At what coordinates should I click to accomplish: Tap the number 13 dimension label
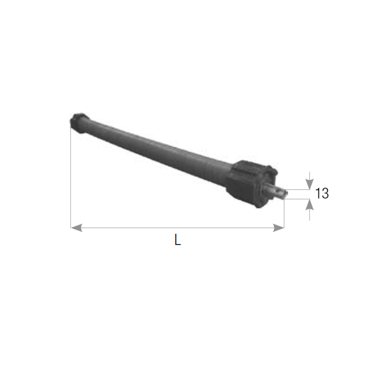(x=322, y=193)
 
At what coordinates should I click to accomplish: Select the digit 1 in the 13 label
(x=318, y=193)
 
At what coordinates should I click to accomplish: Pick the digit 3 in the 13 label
(x=325, y=193)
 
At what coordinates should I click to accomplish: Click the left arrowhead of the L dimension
(x=76, y=228)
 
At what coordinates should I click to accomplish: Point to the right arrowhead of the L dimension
(x=279, y=228)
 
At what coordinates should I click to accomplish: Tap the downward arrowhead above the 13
(x=309, y=184)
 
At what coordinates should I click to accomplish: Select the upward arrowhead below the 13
(x=309, y=204)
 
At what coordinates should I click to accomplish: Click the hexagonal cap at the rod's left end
(x=79, y=123)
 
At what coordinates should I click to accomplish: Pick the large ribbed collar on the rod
(x=251, y=184)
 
